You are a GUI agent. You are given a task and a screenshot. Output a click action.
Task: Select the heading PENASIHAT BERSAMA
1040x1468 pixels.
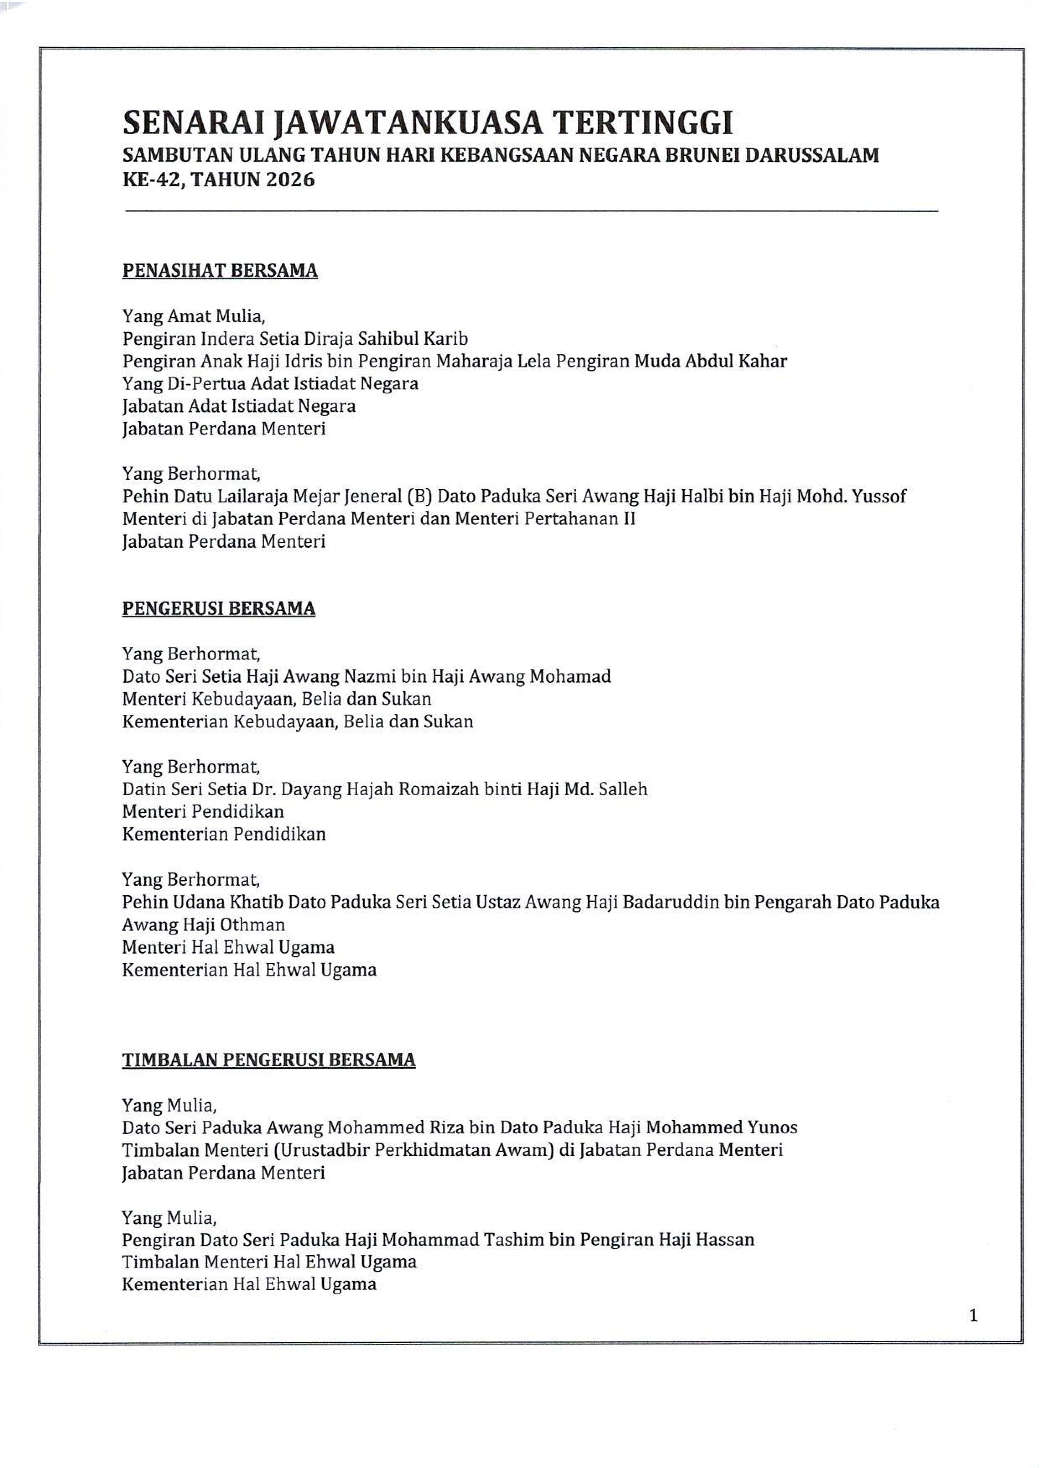pyautogui.click(x=220, y=271)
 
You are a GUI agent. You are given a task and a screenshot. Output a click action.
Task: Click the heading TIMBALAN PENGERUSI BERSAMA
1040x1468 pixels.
pyautogui.click(x=269, y=1060)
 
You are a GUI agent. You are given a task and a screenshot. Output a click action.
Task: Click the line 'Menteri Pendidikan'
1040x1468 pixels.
pyautogui.click(x=203, y=812)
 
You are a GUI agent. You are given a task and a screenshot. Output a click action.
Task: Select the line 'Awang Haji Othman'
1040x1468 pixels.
pyautogui.click(x=204, y=924)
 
